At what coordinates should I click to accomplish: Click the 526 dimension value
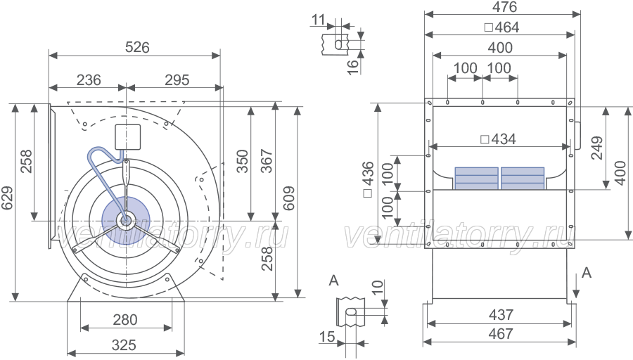[137, 47]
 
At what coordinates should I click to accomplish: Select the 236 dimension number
[89, 80]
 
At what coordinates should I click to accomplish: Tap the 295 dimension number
[177, 80]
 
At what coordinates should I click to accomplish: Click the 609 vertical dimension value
[288, 198]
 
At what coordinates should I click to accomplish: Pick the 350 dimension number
[242, 161]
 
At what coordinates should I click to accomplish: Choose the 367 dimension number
[267, 161]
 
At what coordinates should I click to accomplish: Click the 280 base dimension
[124, 320]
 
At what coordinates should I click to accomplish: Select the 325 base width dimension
[124, 345]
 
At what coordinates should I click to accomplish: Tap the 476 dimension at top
[504, 7]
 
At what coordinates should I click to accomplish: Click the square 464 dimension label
[501, 27]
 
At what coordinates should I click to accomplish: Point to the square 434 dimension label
[499, 139]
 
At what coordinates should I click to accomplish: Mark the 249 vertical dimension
[596, 148]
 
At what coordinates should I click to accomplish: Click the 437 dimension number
[501, 314]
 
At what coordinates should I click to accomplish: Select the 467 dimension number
[501, 334]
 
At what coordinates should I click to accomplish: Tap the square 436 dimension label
[368, 179]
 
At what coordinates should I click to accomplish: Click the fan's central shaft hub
[126, 220]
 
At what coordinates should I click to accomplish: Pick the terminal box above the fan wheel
[127, 137]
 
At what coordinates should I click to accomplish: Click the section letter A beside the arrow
[586, 273]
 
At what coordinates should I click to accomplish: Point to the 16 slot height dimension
[353, 67]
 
